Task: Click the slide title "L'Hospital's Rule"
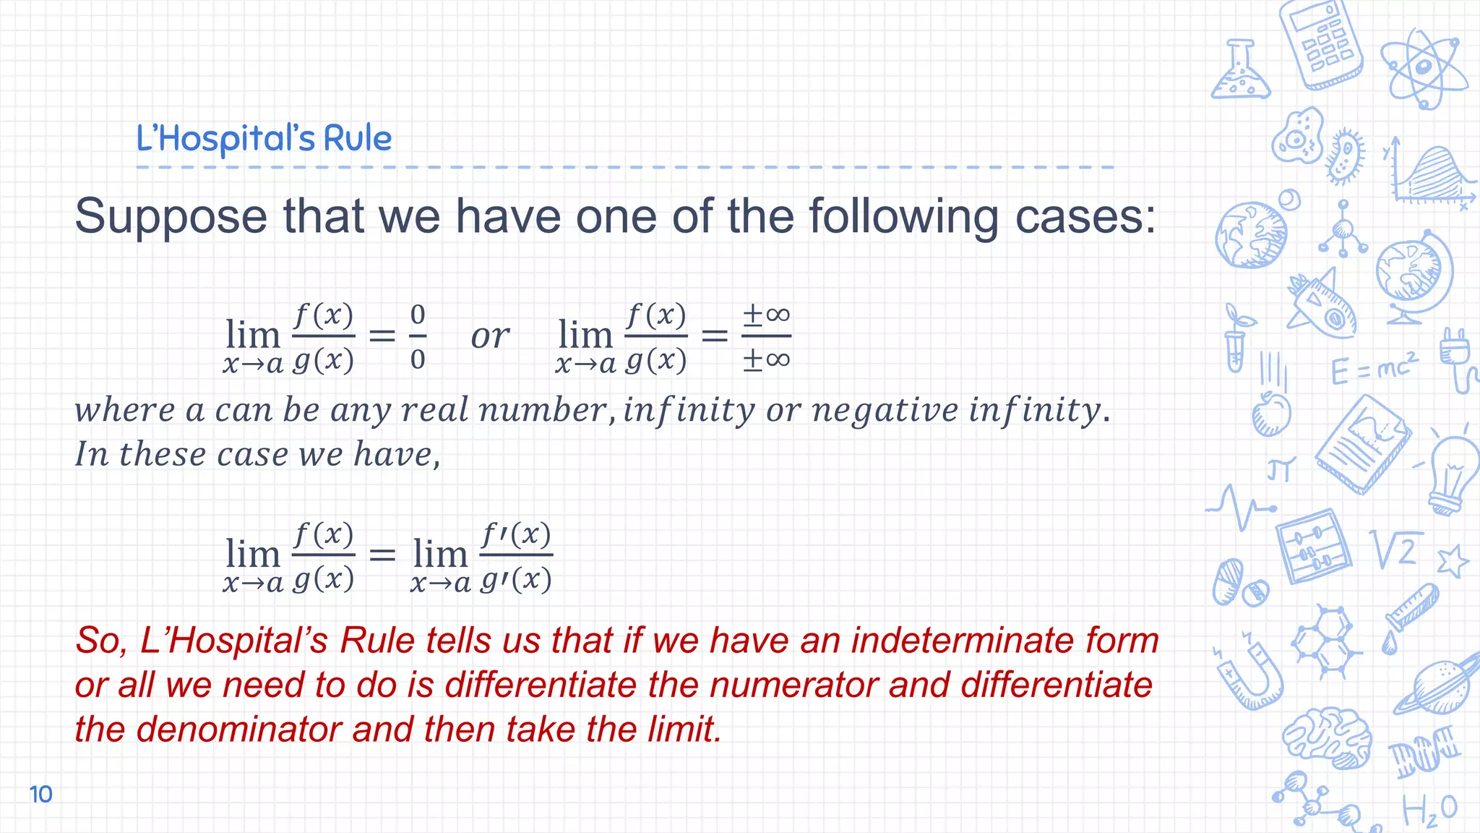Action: click(264, 138)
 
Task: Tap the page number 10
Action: click(41, 794)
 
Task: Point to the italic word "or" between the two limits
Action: click(490, 336)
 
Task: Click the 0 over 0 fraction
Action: click(418, 336)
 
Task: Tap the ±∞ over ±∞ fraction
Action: click(766, 336)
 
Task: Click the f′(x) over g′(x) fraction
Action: click(516, 556)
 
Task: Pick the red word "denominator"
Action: click(238, 729)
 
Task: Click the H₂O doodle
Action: click(1429, 810)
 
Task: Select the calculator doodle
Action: click(1320, 45)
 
